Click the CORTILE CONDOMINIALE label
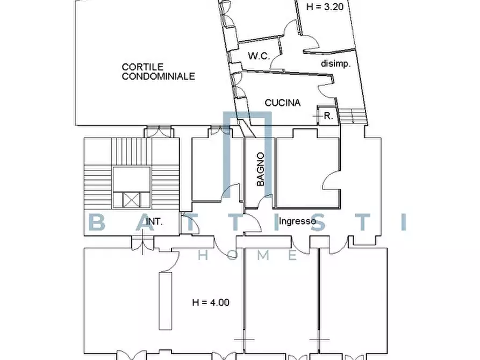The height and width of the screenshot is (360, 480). (158, 72)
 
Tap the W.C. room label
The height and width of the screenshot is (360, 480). (258, 56)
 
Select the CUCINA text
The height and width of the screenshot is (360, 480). (283, 103)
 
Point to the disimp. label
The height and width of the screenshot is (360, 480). (336, 63)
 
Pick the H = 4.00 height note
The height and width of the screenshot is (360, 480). (211, 303)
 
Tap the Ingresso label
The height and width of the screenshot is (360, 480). (297, 220)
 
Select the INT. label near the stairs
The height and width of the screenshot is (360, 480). (154, 221)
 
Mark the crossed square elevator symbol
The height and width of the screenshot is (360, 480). (131, 199)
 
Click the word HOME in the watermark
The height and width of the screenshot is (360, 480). (248, 255)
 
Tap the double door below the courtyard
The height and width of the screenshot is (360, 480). (159, 131)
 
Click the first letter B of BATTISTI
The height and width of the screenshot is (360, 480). (97, 222)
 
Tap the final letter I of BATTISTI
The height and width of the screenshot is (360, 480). (403, 222)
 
